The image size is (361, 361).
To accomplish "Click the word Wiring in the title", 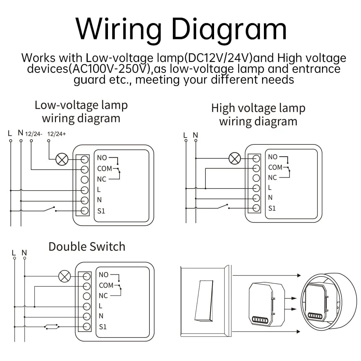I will (x=119, y=29).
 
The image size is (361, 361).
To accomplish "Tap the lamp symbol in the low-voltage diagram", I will (x=62, y=159).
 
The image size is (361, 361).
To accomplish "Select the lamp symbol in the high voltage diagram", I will (x=235, y=158).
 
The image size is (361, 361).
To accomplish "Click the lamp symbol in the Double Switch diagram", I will (x=64, y=277).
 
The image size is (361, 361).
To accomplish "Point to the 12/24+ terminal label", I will (x=57, y=134).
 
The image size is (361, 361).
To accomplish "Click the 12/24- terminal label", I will (x=34, y=134).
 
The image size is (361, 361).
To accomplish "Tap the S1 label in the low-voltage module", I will (x=101, y=211).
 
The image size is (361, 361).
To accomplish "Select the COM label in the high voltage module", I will (x=275, y=168).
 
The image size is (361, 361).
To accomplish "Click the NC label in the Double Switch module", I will (x=103, y=296).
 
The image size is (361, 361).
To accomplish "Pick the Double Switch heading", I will (x=87, y=247).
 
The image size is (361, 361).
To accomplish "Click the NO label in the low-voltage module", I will (x=102, y=158).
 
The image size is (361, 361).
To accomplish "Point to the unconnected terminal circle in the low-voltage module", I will (x=84, y=179).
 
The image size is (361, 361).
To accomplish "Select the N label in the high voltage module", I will (x=270, y=197).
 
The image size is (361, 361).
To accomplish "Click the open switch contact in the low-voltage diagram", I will (x=49, y=209).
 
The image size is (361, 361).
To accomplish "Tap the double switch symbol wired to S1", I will (x=52, y=327).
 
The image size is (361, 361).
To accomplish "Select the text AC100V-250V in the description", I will (x=108, y=69).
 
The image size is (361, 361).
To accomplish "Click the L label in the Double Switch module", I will (x=101, y=306).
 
